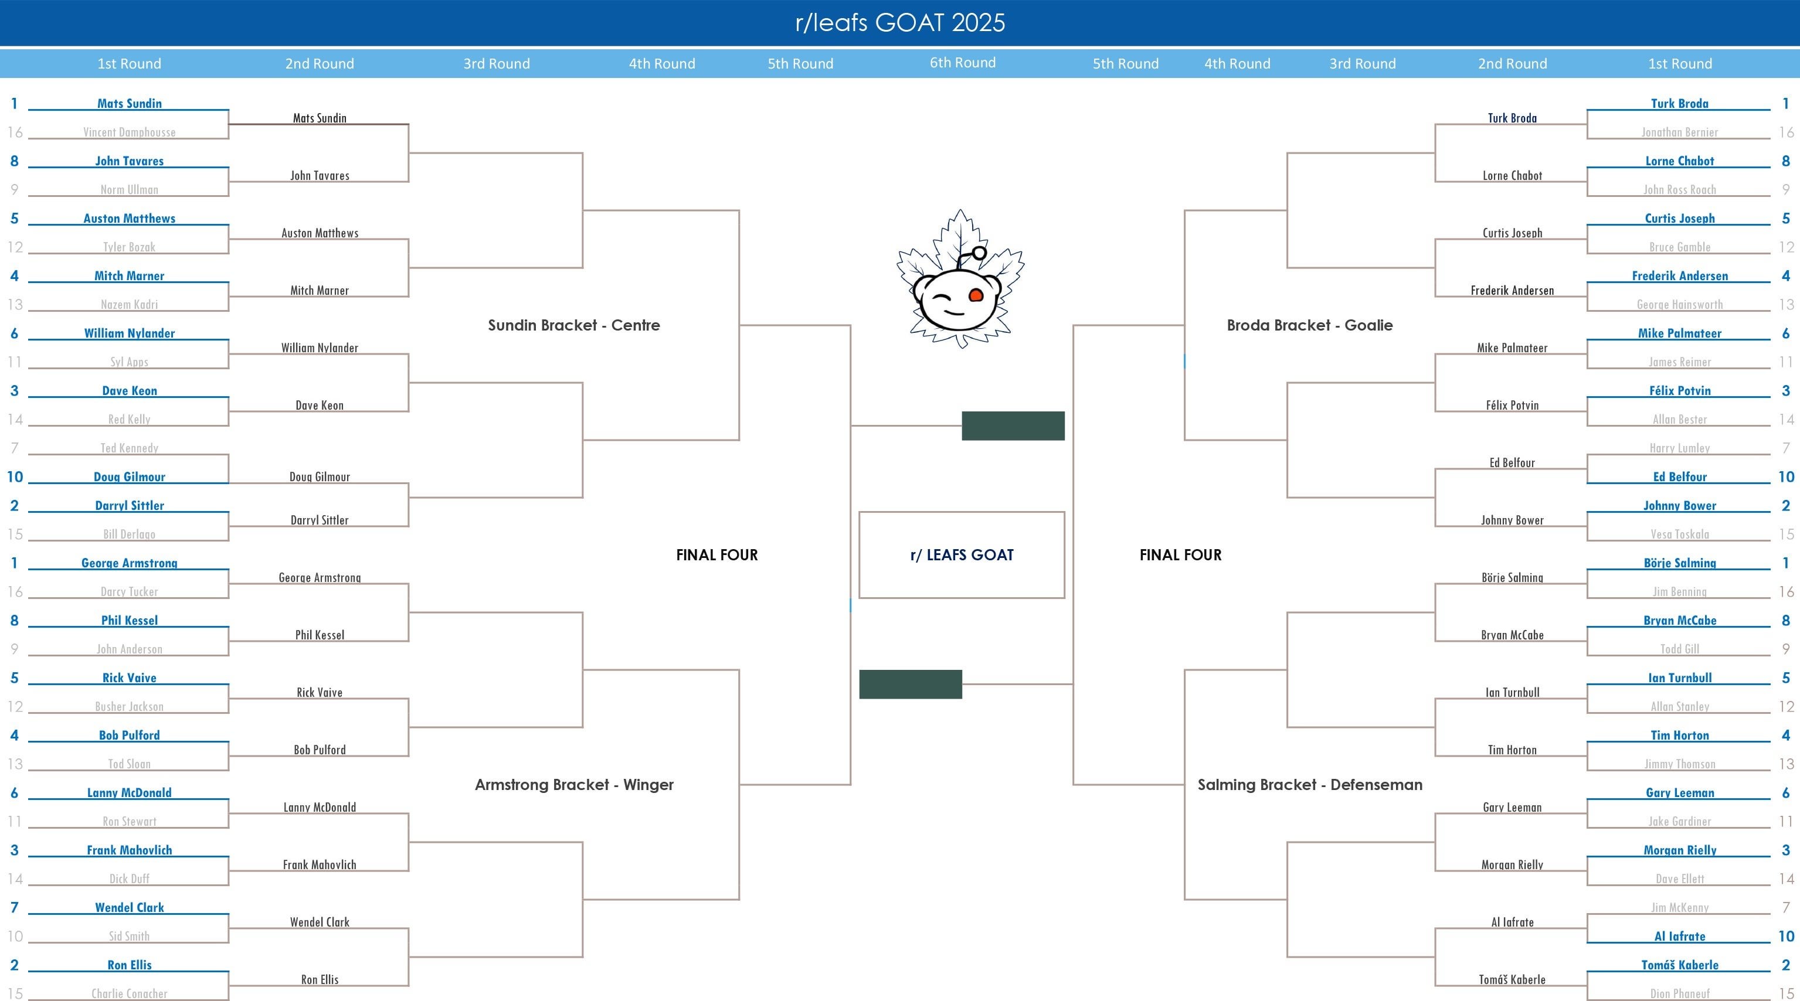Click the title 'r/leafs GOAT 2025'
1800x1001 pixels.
[x=900, y=22]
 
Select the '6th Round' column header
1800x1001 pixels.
[x=962, y=63]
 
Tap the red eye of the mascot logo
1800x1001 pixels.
[x=976, y=295]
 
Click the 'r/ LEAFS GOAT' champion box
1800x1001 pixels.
[x=962, y=554]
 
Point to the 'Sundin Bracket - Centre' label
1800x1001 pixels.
[x=573, y=325]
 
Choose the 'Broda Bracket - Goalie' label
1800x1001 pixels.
[x=1309, y=325]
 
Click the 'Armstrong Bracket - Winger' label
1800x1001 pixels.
[x=573, y=785]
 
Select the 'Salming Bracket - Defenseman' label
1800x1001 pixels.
[x=1309, y=785]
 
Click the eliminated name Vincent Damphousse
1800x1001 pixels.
[x=129, y=132]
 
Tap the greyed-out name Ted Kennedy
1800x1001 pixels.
[x=129, y=448]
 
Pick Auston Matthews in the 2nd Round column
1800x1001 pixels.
[x=320, y=233]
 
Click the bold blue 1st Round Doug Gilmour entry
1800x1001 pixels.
[x=129, y=476]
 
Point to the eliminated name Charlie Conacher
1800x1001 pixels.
[x=129, y=993]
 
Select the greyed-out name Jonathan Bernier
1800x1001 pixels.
[x=1679, y=132]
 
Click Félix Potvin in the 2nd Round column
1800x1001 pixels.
[x=1512, y=405]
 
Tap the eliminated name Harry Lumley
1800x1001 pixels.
[x=1679, y=448]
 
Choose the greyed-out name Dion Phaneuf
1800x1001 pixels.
[x=1679, y=993]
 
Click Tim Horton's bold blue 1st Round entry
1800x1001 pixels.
[x=1679, y=735]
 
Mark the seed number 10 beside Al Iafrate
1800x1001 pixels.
[x=1785, y=936]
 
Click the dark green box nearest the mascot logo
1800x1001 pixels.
[x=1013, y=425]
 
